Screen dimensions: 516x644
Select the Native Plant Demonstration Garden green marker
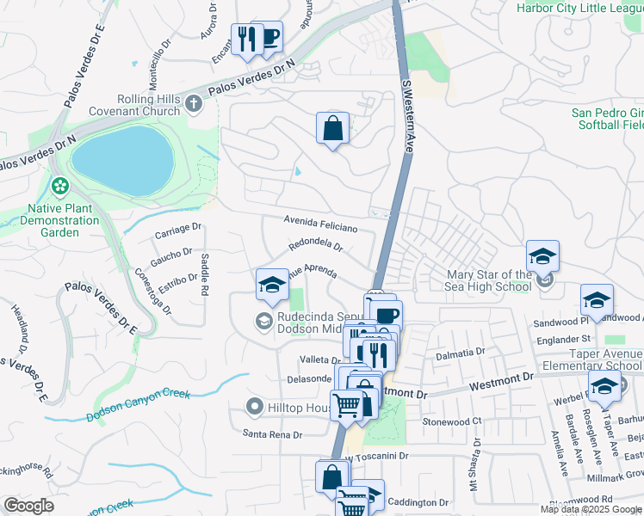[x=59, y=185]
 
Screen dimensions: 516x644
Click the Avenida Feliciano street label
[x=321, y=224]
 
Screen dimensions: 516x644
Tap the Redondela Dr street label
[x=316, y=245]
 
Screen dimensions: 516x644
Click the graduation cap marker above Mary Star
[x=542, y=256]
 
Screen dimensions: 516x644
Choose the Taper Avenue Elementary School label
[x=595, y=359]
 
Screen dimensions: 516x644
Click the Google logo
[x=29, y=506]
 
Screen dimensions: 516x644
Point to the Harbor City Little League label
[x=579, y=8]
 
